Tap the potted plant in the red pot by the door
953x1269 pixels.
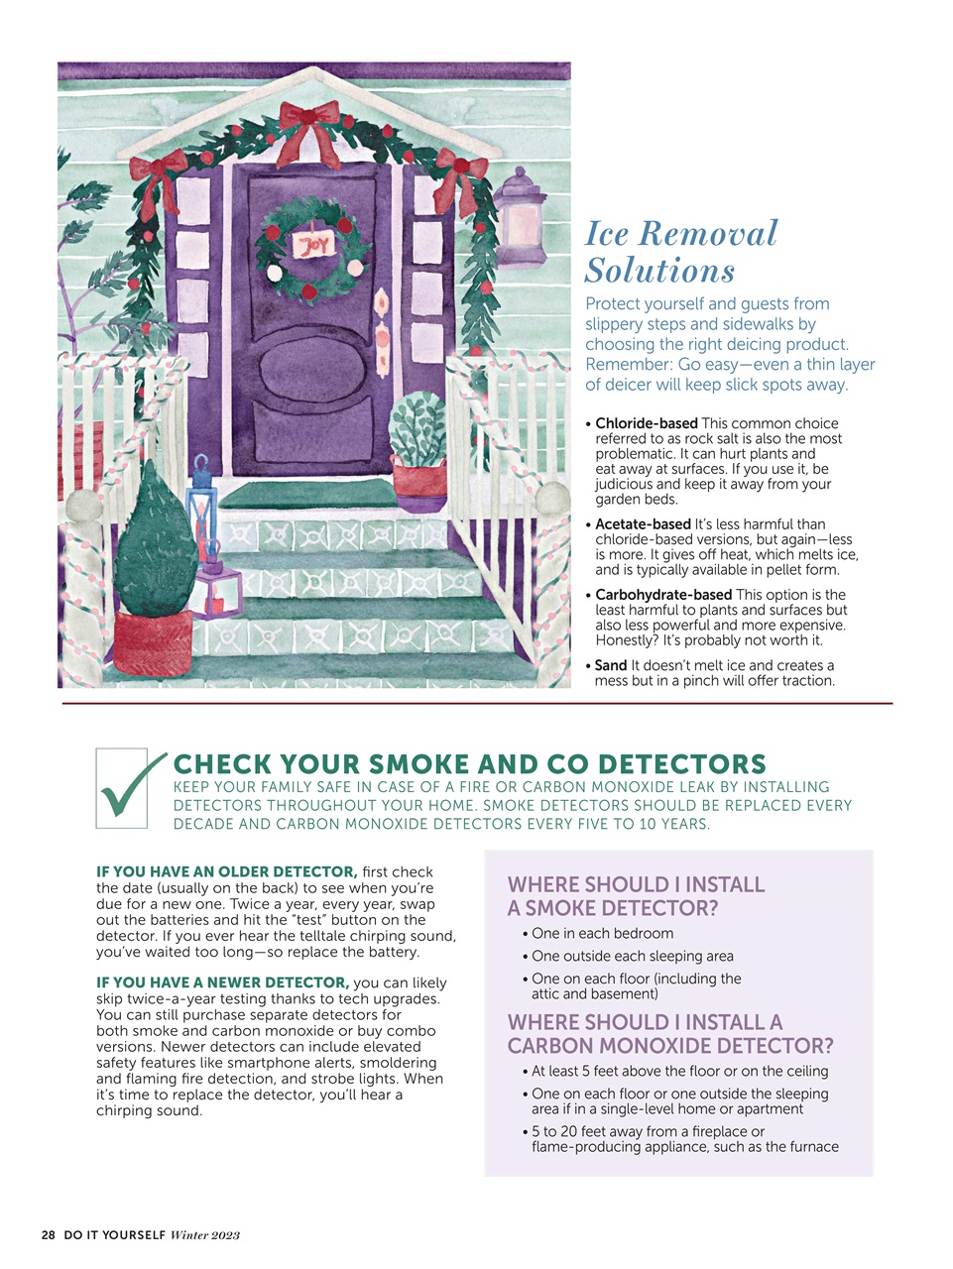(420, 447)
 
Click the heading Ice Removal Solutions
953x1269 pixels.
(680, 252)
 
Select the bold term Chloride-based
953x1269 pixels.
(646, 423)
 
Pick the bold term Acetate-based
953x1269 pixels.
(643, 524)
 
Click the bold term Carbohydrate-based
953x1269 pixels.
(662, 595)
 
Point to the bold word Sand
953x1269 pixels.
(610, 665)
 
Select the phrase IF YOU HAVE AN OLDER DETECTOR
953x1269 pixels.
(226, 871)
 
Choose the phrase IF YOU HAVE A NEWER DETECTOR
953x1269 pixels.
(222, 982)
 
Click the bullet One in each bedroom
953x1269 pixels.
(602, 934)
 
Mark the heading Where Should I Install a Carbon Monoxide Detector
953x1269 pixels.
(669, 1034)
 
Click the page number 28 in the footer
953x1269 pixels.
(49, 1235)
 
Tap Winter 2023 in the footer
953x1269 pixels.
(205, 1235)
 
